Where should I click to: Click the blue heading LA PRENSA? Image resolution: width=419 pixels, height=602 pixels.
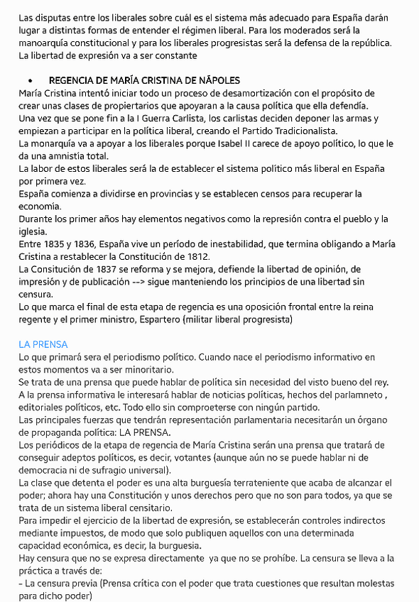pos(43,344)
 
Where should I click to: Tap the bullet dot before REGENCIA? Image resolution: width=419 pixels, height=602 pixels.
pos(31,81)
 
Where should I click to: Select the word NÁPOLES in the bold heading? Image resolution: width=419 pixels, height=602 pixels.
pos(215,81)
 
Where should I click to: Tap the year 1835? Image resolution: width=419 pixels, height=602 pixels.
pos(58,244)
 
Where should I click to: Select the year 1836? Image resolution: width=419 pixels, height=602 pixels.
pos(94,244)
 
